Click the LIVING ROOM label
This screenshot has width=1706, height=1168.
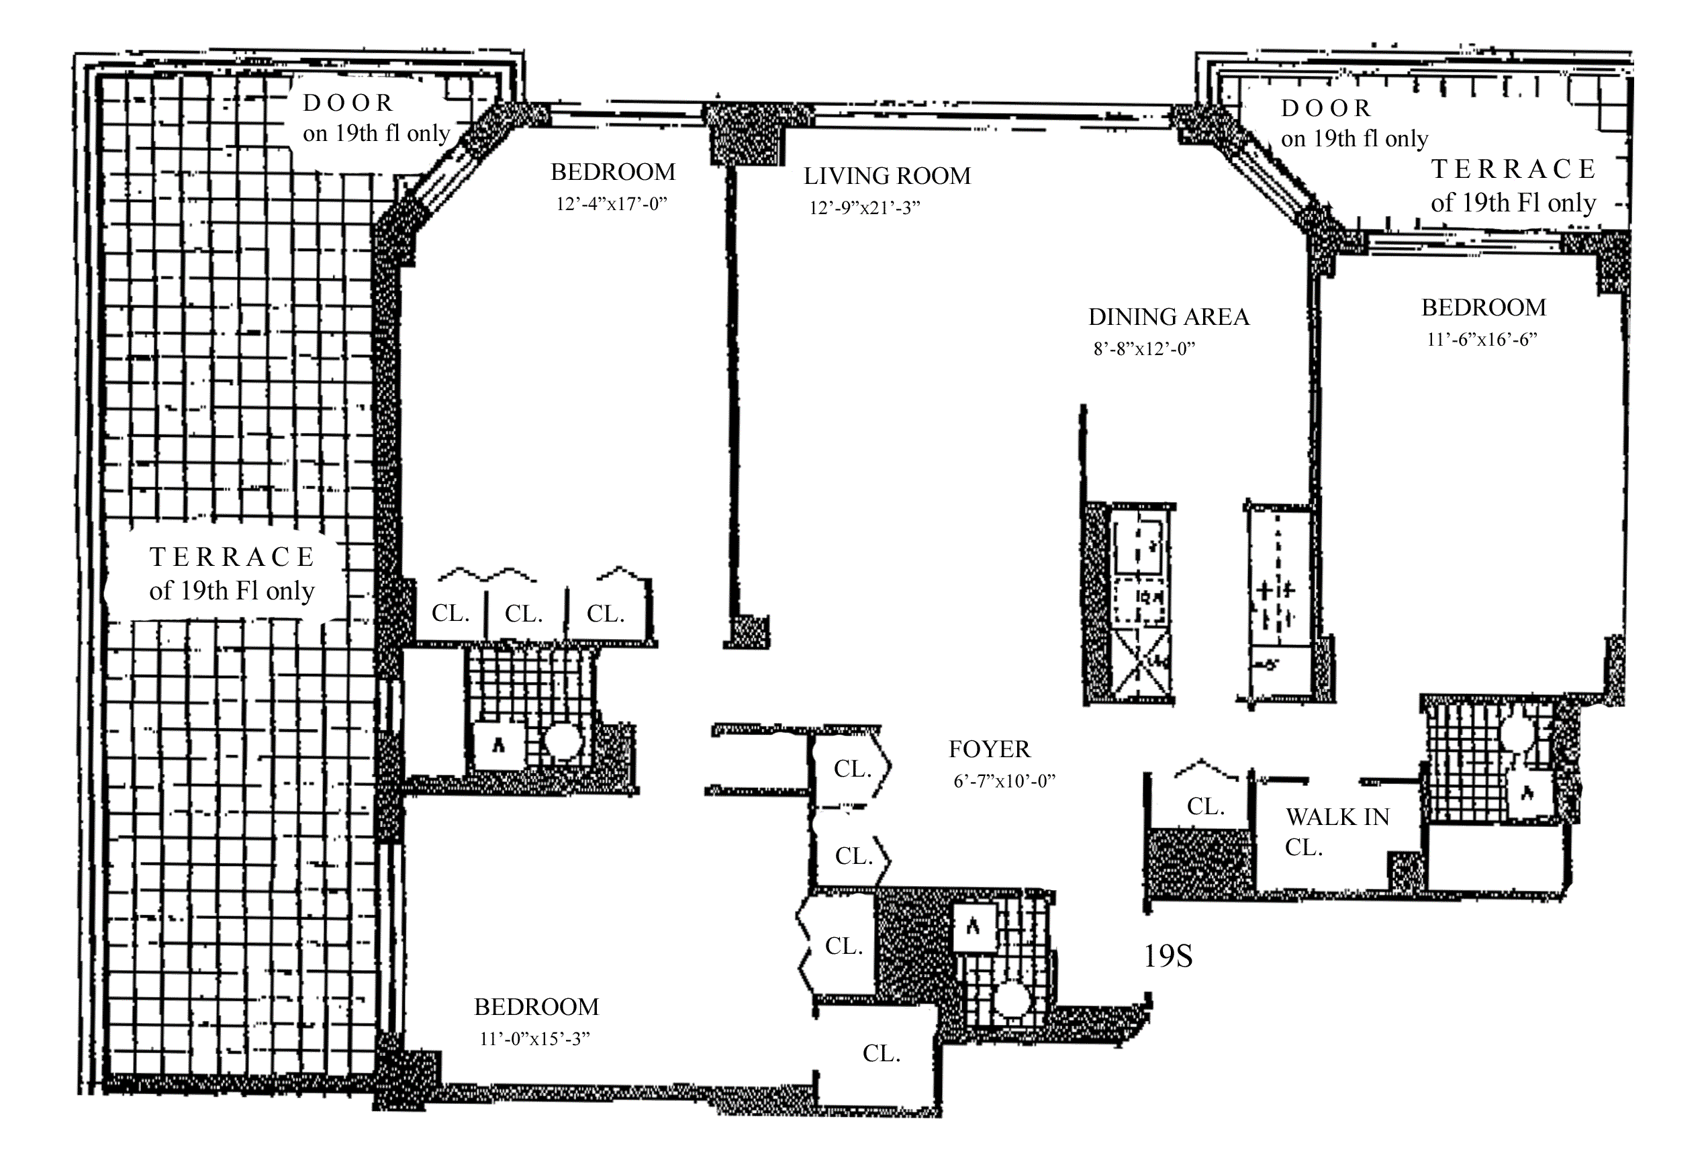pyautogui.click(x=887, y=176)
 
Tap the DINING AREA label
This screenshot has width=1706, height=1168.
pyautogui.click(x=1169, y=317)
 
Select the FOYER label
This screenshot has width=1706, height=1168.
pyautogui.click(x=990, y=750)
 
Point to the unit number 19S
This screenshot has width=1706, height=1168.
pyautogui.click(x=1168, y=956)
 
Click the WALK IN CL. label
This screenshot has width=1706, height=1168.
pyautogui.click(x=1337, y=832)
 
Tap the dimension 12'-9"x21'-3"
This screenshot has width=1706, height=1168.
pyautogui.click(x=865, y=208)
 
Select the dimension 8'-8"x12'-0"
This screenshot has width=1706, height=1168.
pyautogui.click(x=1145, y=348)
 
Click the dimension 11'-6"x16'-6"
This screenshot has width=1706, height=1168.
pyautogui.click(x=1482, y=339)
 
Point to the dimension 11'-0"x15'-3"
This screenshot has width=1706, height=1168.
pyautogui.click(x=535, y=1039)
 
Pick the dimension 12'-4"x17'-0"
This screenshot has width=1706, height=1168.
pyautogui.click(x=612, y=203)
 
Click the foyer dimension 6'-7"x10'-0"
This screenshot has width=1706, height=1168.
pyautogui.click(x=1004, y=781)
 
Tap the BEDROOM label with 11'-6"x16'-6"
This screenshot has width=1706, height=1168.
pyautogui.click(x=1484, y=307)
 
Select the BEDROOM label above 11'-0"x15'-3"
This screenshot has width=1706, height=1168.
pyautogui.click(x=536, y=1006)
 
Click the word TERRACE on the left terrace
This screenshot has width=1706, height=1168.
pyautogui.click(x=232, y=557)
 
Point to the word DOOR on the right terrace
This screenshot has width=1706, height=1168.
pyautogui.click(x=1327, y=109)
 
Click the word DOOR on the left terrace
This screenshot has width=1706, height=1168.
pyautogui.click(x=348, y=103)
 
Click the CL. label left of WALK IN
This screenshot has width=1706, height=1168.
pyautogui.click(x=1206, y=807)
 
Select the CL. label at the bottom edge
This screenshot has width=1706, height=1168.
pyautogui.click(x=882, y=1054)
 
